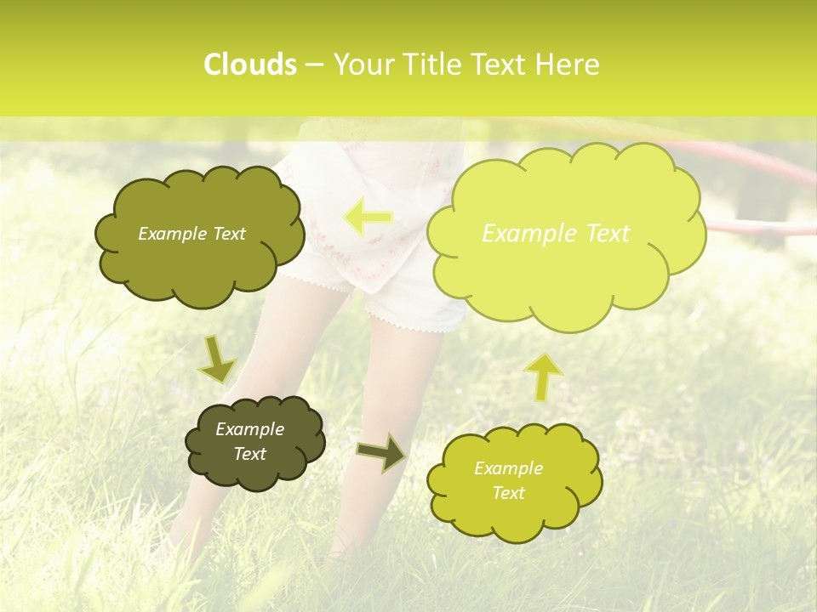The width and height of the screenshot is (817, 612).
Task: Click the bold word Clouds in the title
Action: tap(249, 65)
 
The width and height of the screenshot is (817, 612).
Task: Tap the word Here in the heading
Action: tap(568, 65)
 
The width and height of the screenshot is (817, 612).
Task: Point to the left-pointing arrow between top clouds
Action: tap(369, 218)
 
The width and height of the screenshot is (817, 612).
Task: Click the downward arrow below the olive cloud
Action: tap(218, 360)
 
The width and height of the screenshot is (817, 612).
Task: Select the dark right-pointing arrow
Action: tap(381, 453)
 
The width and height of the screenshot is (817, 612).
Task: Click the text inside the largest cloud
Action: tap(556, 234)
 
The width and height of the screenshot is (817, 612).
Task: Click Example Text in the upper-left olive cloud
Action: tap(191, 234)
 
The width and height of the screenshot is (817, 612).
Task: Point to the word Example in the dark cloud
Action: tap(249, 429)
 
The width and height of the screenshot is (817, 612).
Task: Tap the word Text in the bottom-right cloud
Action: tap(508, 493)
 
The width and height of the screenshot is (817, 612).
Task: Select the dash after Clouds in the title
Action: tap(313, 65)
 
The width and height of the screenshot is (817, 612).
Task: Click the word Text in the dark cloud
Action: tap(249, 454)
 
